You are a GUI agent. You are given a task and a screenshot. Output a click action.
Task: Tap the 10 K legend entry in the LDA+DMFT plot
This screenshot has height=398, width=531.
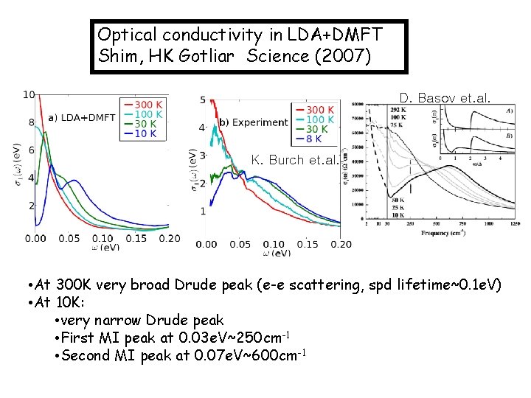pyautogui.click(x=145, y=133)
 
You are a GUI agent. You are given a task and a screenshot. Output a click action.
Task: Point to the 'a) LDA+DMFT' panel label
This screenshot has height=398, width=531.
pyautogui.click(x=82, y=117)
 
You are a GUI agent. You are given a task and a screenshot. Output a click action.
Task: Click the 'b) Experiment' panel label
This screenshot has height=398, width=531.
pyautogui.click(x=253, y=122)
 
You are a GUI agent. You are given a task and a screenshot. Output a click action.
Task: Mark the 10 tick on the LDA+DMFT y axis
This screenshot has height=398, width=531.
pyautogui.click(x=29, y=94)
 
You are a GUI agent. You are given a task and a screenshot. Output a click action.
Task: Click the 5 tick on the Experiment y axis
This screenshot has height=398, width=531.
pyautogui.click(x=202, y=99)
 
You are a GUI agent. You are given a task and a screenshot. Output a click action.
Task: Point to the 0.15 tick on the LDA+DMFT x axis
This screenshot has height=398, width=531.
pyautogui.click(x=136, y=238)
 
